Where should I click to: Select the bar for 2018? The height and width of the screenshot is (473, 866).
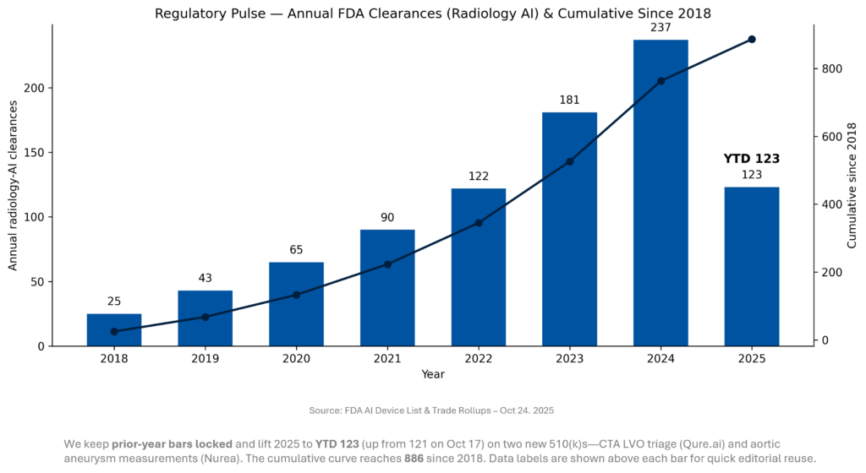click(114, 329)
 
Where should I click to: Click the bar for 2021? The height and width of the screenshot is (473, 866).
click(387, 287)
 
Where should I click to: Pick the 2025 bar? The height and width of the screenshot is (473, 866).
click(752, 266)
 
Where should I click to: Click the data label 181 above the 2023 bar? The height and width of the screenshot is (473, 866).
click(569, 101)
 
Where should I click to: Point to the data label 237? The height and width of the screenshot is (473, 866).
click(660, 28)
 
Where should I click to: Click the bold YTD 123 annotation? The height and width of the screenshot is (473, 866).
click(752, 158)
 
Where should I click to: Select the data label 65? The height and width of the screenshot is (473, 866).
click(296, 250)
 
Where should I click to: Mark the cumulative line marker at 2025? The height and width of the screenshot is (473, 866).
click(752, 40)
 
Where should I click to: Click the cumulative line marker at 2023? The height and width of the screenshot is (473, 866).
click(569, 162)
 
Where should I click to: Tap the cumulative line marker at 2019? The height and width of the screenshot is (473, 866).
click(206, 317)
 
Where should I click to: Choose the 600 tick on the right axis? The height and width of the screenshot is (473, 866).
click(831, 137)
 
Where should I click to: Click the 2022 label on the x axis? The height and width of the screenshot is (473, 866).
click(479, 358)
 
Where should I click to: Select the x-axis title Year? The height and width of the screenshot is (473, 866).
click(433, 374)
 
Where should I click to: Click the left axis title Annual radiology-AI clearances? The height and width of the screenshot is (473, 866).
click(13, 185)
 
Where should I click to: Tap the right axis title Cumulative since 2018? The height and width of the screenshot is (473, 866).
click(852, 185)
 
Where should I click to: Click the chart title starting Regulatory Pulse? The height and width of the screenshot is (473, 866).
click(433, 14)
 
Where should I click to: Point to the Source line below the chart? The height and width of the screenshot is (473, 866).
click(431, 410)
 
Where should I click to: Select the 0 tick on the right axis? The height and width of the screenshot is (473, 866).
click(825, 340)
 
